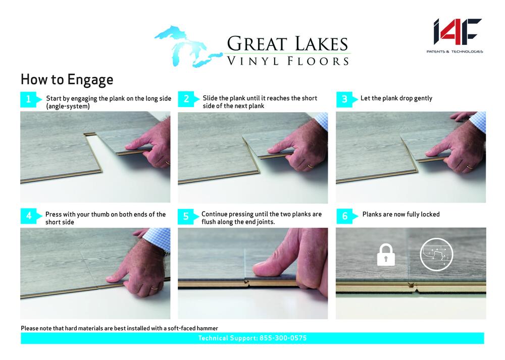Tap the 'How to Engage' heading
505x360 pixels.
pos(67,80)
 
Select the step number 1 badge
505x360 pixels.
pos(31,99)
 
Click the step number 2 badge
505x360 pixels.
pos(188,99)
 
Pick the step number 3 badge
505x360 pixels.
pos(346,99)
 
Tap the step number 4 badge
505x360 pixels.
pos(31,216)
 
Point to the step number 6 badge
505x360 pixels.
pos(347,216)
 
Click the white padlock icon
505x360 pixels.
pos(386,254)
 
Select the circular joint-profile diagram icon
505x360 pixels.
pos(436,254)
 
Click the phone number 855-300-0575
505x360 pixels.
pos(283,338)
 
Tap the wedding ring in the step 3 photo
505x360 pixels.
pos(470,167)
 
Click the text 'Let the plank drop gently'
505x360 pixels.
pos(396,98)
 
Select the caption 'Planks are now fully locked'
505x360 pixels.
pos(401,214)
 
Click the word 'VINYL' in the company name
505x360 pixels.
pos(253,61)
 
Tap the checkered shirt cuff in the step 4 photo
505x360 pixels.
pos(157,238)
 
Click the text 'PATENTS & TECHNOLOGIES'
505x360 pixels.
pos(455,52)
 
